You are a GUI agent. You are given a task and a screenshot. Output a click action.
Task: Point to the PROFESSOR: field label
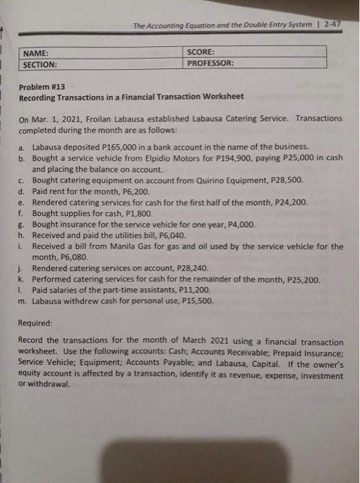point(210,63)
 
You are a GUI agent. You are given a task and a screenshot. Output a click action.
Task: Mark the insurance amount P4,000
point(239,224)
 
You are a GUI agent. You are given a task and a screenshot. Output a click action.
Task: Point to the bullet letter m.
point(23,302)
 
